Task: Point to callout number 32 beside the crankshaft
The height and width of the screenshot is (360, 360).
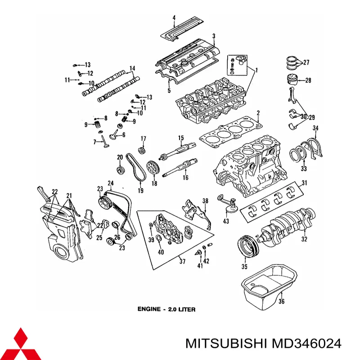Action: tap(304, 238)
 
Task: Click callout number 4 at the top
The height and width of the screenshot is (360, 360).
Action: tap(173, 18)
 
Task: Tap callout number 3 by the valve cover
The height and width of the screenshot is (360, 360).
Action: tap(214, 36)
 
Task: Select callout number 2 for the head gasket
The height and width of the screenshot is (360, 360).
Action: tap(258, 112)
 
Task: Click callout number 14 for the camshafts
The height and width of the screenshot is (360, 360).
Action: tap(132, 69)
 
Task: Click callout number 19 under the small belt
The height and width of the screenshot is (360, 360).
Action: tap(140, 191)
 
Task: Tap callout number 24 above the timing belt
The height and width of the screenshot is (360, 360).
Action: tap(109, 183)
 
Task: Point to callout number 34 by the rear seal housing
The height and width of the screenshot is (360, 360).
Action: tap(315, 129)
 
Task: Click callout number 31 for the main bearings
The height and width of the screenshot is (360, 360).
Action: tap(304, 183)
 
